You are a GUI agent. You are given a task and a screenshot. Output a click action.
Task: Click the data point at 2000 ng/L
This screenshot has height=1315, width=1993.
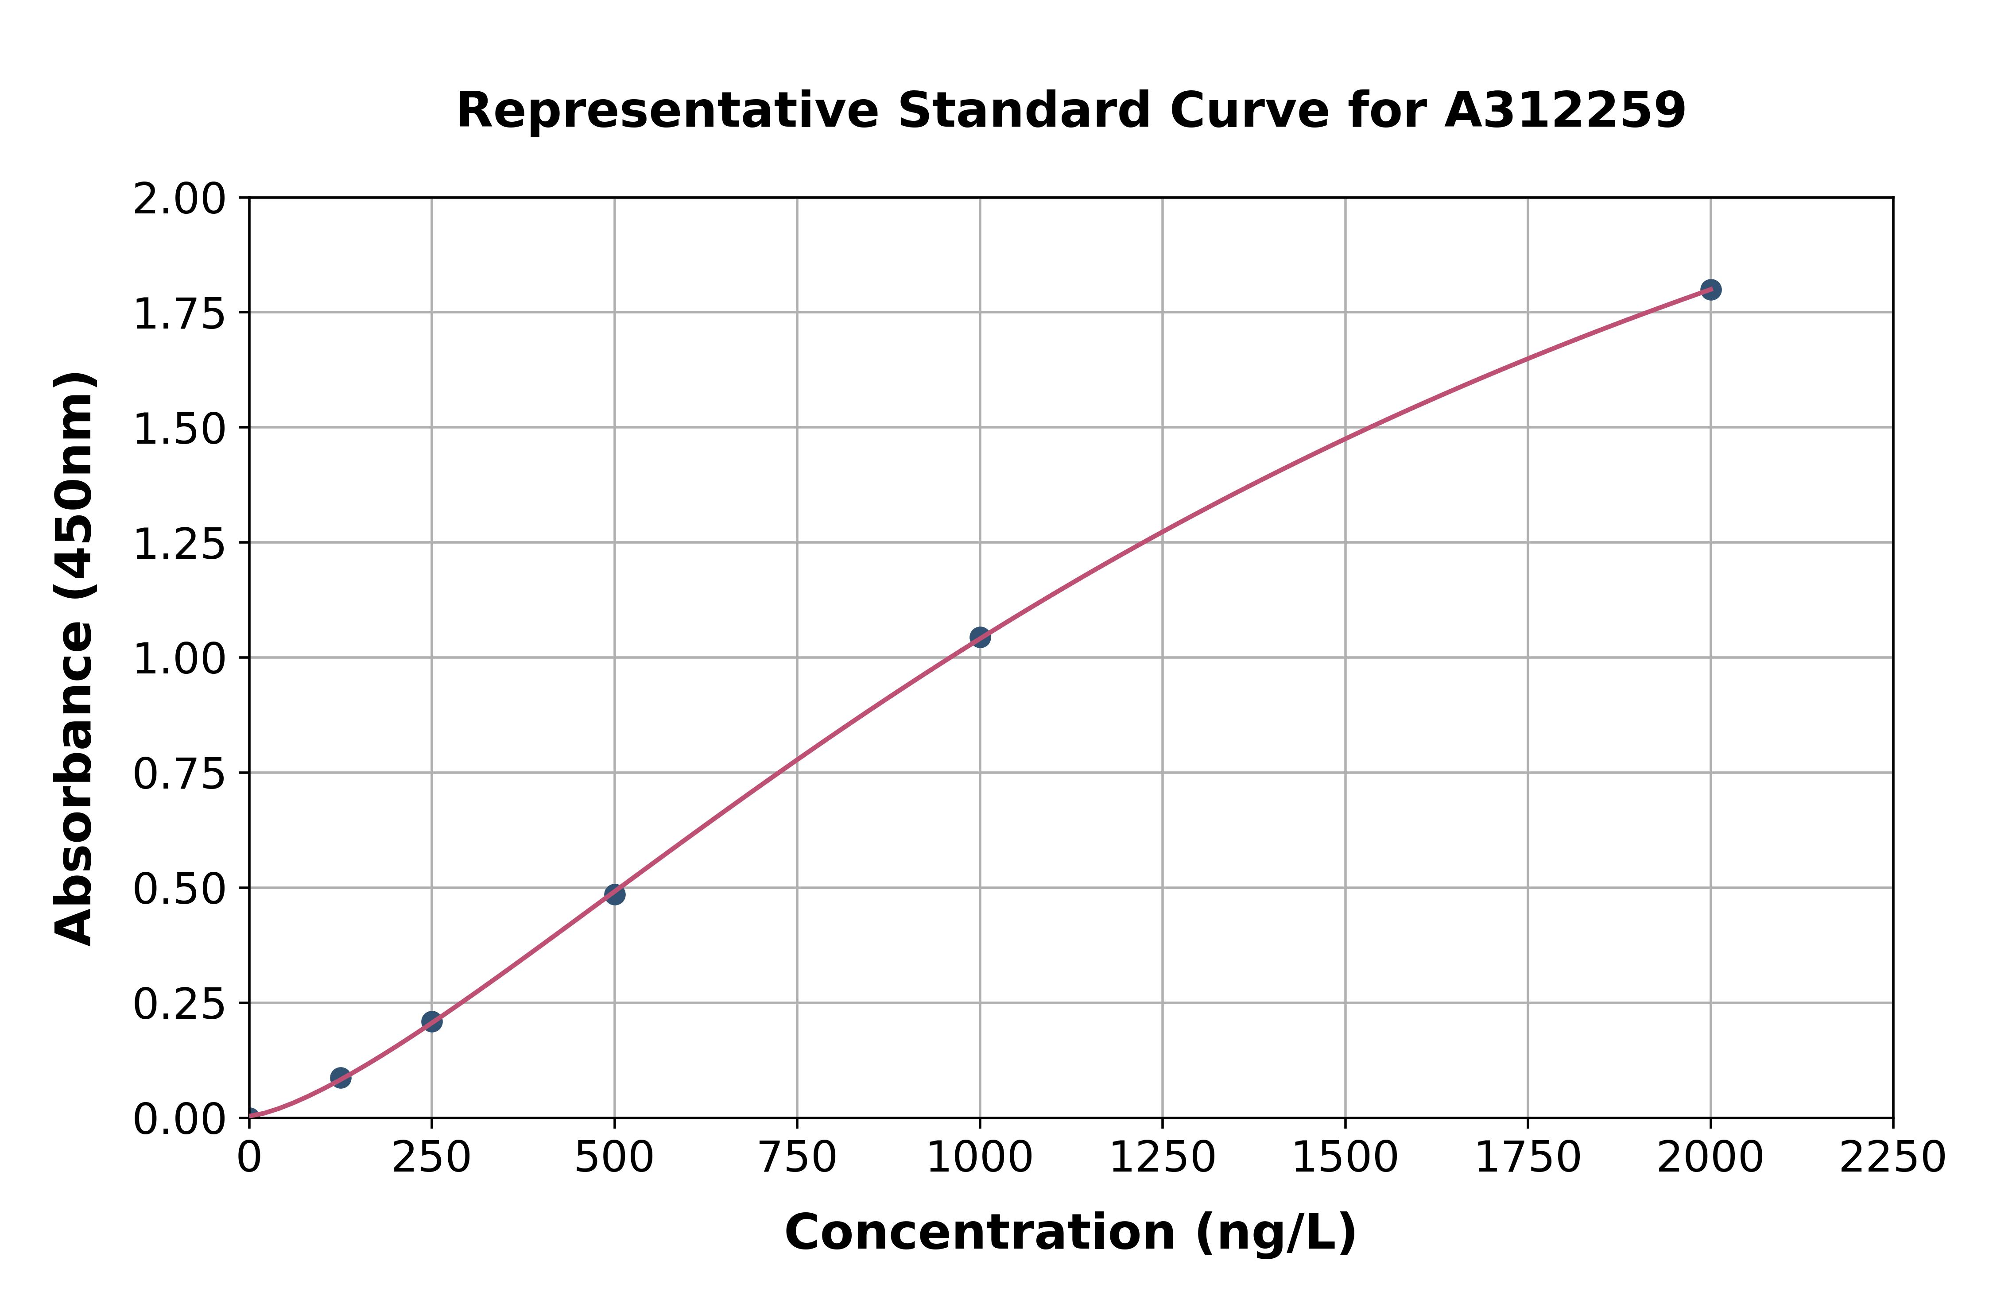(1710, 289)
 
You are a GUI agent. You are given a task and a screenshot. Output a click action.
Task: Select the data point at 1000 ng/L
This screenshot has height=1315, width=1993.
(980, 638)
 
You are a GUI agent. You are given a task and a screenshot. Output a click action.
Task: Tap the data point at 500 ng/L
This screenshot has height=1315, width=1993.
(615, 894)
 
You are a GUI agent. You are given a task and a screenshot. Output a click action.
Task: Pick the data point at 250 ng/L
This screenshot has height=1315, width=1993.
(432, 1021)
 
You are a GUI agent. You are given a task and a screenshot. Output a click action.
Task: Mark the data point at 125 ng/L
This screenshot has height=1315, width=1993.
(341, 1078)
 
